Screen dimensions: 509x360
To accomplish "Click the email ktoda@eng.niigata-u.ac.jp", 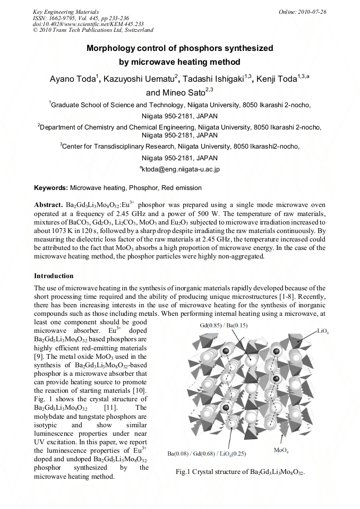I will click(x=180, y=169).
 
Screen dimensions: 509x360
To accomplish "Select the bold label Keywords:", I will click(x=51, y=187).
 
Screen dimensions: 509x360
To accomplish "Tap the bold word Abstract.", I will click(x=48, y=204).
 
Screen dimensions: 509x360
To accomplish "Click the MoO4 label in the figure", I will click(x=281, y=451).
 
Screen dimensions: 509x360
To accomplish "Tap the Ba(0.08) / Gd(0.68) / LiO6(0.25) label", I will click(x=207, y=454).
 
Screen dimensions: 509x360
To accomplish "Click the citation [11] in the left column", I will click(x=111, y=408).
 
